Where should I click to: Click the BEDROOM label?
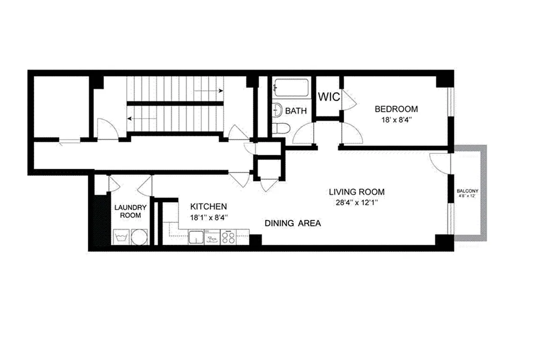point(396,109)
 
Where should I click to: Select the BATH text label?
point(296,111)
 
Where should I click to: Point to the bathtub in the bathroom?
point(292,88)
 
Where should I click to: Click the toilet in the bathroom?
point(280,128)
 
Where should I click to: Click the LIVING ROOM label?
point(356,192)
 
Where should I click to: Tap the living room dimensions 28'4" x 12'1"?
point(356,203)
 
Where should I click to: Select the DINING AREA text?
point(292,223)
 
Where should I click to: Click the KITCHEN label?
point(208,207)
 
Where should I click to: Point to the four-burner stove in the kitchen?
point(229,237)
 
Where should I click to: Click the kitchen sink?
point(196,237)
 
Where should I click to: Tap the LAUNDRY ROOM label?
point(130,211)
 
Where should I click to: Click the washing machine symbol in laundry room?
point(121,237)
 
